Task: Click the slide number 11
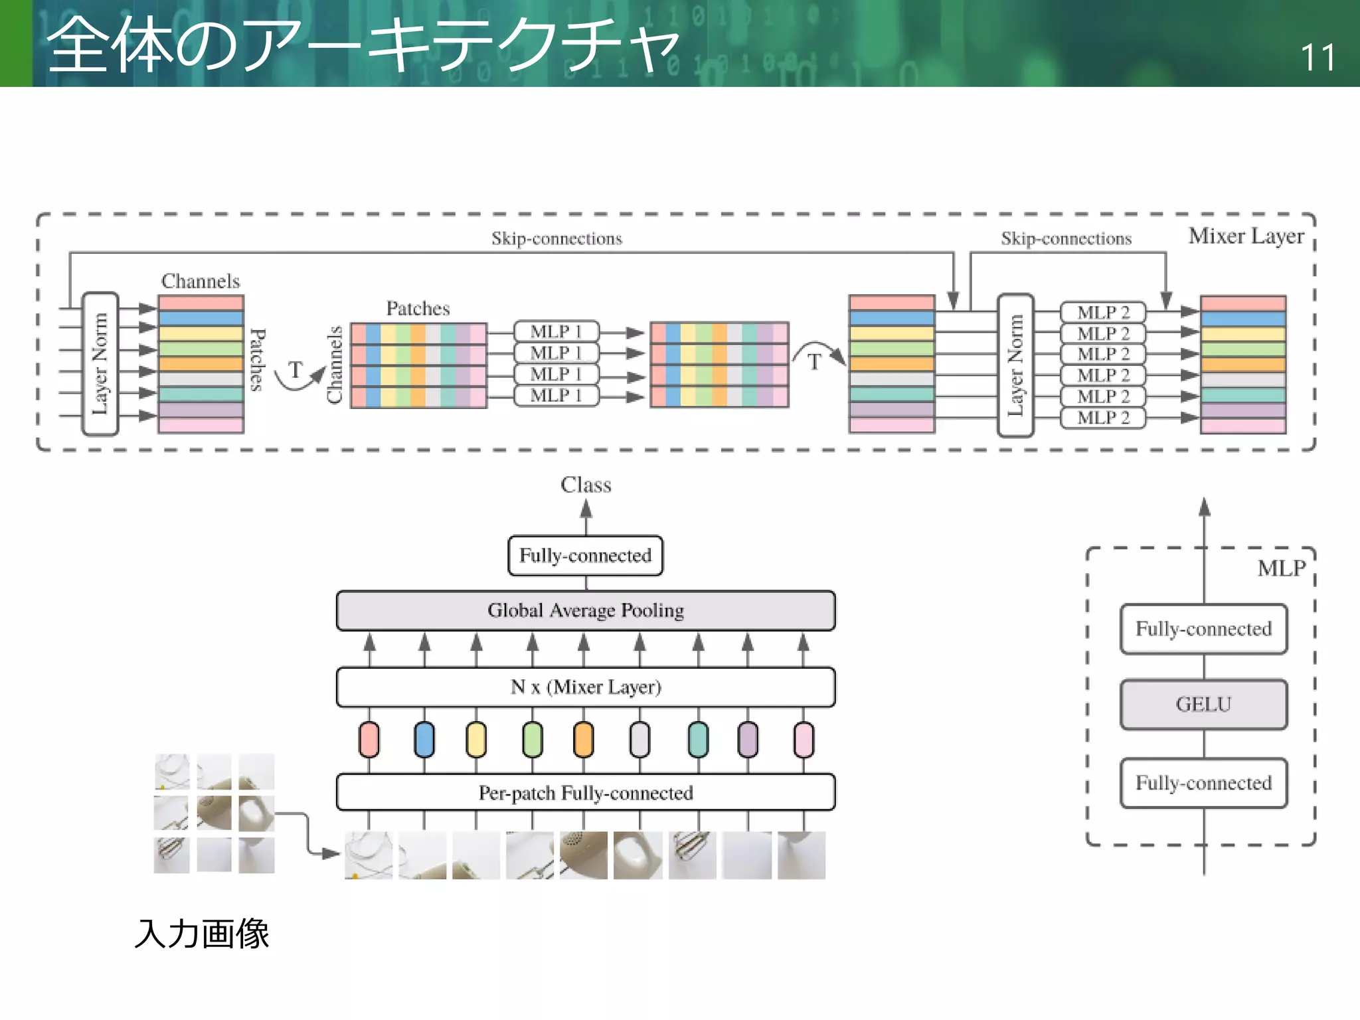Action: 1317,58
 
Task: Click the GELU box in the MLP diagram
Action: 1203,705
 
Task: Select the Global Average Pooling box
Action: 586,610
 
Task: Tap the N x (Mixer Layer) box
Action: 586,687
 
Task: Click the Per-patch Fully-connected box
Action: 586,793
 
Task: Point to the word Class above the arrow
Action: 586,485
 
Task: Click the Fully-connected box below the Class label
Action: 586,555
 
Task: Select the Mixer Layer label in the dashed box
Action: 1246,236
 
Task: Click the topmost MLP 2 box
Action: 1103,312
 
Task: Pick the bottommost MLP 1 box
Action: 556,396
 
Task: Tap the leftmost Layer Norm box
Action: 100,364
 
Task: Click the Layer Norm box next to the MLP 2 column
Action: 1015,365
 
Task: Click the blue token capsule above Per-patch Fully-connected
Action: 424,740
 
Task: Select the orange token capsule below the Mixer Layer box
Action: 583,740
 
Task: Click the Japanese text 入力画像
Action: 202,934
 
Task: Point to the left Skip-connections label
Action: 556,238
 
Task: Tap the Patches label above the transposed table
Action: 418,309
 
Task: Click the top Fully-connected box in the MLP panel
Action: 1203,629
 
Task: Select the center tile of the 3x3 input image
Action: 214,813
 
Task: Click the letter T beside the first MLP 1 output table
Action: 814,363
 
